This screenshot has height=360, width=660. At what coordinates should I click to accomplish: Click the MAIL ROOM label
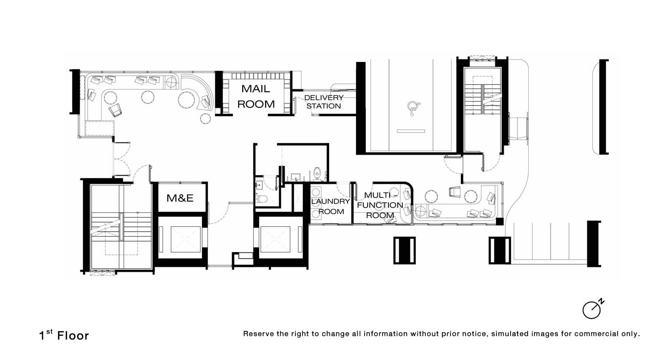(256, 96)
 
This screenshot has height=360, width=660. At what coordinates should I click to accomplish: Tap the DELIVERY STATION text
(324, 101)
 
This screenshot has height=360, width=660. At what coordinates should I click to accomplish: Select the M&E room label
(180, 198)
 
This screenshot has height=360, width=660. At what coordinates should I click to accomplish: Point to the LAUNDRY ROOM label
(330, 206)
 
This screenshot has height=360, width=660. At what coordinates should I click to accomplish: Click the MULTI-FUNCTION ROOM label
(380, 205)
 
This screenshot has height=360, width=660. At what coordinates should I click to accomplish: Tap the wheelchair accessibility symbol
(413, 108)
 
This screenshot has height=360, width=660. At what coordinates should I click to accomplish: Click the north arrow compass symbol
(593, 309)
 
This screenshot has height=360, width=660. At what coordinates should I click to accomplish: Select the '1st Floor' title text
(64, 335)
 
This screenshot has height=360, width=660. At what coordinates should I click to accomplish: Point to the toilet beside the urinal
(261, 199)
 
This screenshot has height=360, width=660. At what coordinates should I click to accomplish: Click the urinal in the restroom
(317, 173)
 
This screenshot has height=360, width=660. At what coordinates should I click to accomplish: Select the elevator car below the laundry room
(275, 239)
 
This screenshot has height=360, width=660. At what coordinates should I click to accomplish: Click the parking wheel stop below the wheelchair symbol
(411, 131)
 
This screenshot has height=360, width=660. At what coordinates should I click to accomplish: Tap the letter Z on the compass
(601, 302)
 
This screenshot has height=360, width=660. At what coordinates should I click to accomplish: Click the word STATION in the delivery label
(324, 106)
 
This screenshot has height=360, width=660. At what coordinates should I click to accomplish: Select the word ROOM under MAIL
(256, 104)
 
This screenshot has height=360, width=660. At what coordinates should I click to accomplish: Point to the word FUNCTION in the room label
(380, 205)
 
